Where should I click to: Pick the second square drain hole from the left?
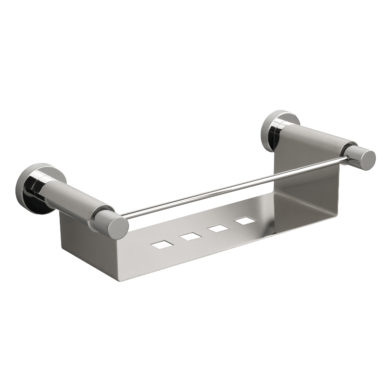[190, 237]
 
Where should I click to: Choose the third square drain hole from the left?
[218, 228]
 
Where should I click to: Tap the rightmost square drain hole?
[245, 220]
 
